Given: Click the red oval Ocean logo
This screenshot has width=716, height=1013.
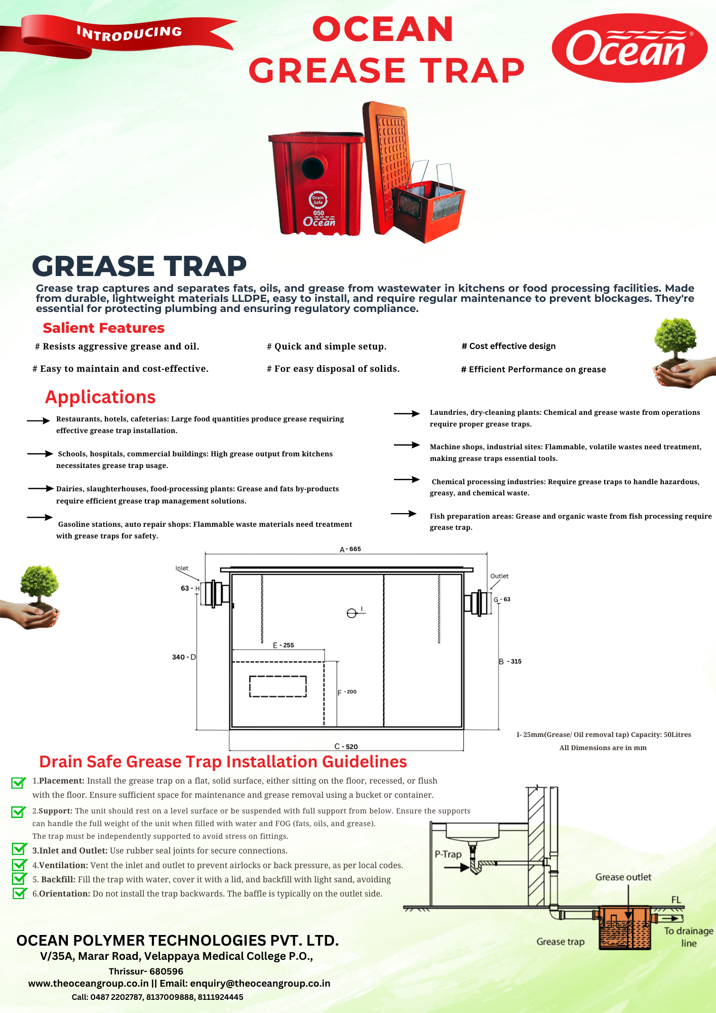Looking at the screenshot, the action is (629, 48).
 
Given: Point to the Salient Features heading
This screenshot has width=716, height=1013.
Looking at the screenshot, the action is (104, 328).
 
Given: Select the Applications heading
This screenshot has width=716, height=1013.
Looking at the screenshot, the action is (100, 397).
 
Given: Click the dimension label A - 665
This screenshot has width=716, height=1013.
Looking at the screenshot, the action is (350, 549).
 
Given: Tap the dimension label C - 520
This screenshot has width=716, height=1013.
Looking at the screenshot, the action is (346, 747).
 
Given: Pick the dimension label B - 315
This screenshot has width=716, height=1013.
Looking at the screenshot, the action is (510, 661).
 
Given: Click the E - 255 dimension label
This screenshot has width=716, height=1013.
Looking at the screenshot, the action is (284, 645).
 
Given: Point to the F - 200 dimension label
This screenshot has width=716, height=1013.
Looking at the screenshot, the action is (347, 692).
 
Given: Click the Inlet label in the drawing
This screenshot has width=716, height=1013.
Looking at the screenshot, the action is (182, 568).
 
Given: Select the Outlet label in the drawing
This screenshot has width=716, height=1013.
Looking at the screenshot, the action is (499, 576).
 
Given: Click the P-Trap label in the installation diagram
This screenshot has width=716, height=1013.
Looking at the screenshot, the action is (448, 854).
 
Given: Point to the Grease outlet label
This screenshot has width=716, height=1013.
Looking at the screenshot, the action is (623, 877).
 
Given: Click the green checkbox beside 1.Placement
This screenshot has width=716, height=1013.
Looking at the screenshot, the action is (18, 783).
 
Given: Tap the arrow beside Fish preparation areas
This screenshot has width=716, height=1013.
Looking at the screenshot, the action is (404, 514).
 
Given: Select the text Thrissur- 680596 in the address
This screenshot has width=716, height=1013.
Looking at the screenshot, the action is (146, 971).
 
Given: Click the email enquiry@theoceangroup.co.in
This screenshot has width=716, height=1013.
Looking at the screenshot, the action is (260, 983).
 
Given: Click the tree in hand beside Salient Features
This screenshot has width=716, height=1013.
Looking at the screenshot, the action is (680, 353).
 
